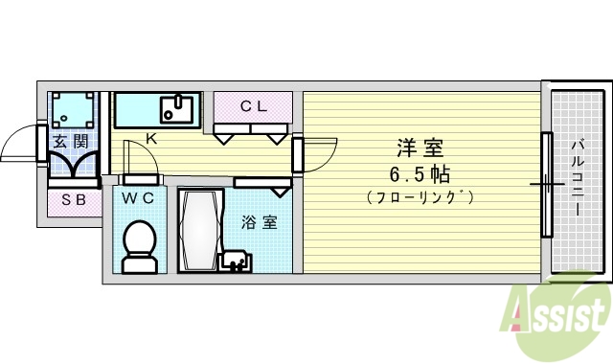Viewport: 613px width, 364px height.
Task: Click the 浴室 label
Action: [x=259, y=222]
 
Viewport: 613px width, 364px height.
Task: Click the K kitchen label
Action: [x=150, y=138]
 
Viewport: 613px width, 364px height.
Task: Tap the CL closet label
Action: [x=253, y=106]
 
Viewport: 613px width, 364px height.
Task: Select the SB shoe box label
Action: [x=74, y=200]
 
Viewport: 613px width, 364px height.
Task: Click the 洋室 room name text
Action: [x=420, y=148]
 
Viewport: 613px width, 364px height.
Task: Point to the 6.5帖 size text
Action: [x=420, y=174]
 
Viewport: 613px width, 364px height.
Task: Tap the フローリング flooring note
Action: [x=420, y=197]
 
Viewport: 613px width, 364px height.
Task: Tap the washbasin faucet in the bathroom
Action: [x=233, y=259]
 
